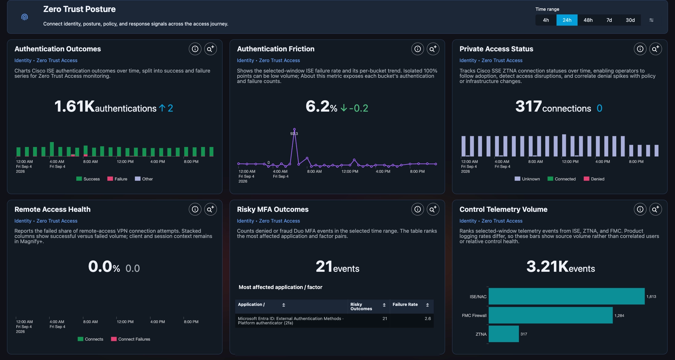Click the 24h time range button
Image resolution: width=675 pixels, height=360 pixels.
(567, 20)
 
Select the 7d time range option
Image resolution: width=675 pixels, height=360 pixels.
(609, 20)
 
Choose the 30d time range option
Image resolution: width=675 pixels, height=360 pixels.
(630, 20)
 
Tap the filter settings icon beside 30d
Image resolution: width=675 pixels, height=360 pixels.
(651, 20)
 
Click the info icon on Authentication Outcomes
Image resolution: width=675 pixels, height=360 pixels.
(195, 49)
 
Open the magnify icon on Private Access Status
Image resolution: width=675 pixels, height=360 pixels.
(656, 49)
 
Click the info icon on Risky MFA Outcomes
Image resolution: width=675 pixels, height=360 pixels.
(418, 209)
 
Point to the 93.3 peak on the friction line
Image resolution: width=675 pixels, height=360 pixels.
(294, 129)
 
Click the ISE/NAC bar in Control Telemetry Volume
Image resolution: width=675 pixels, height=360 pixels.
(566, 296)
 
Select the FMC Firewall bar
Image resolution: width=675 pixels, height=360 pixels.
(551, 315)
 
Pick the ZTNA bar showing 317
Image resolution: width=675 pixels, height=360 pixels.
(504, 334)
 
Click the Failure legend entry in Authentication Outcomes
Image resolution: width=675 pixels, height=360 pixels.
(117, 179)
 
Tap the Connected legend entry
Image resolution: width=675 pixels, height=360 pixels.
(562, 179)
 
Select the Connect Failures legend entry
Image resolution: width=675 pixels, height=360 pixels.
(131, 339)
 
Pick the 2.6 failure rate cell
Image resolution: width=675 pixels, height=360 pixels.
(428, 318)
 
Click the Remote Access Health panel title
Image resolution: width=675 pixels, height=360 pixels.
(53, 209)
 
